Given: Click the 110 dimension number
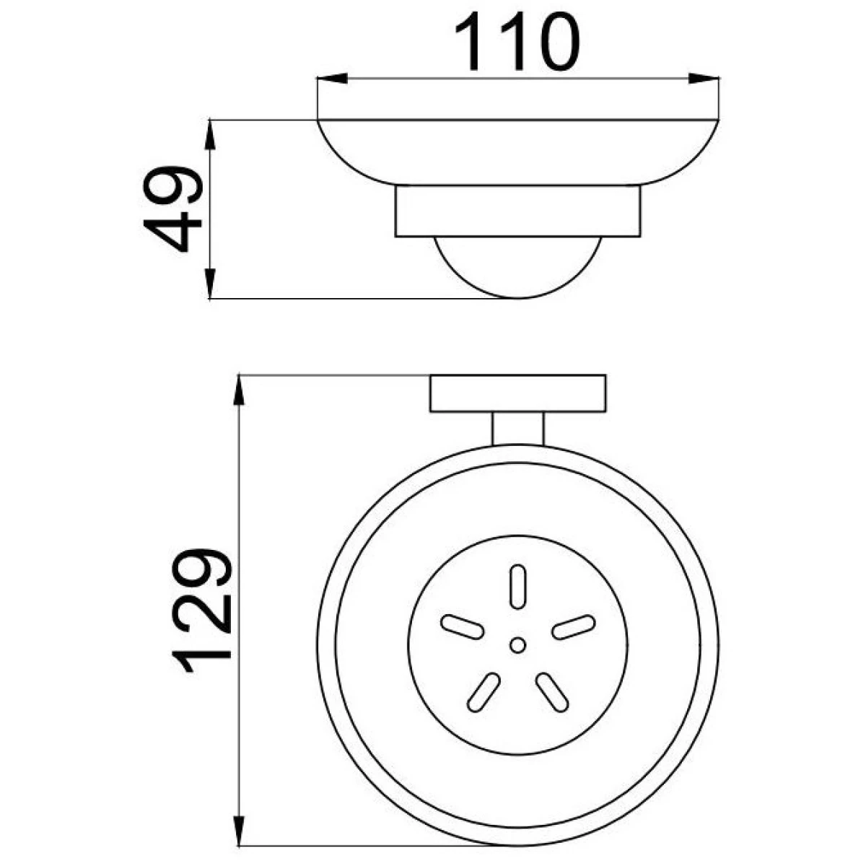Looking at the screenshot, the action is coord(517,41).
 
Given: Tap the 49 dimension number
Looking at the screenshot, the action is coord(172,209).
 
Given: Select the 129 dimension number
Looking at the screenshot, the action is coord(201,611).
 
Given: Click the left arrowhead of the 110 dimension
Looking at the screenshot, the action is coord(333,78).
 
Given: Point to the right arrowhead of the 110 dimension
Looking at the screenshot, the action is coord(704,78).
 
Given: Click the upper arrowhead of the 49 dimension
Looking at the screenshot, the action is coord(210,135).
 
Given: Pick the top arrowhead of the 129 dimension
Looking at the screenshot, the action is coord(239,390).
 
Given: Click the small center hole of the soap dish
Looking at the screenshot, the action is coord(517,645).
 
